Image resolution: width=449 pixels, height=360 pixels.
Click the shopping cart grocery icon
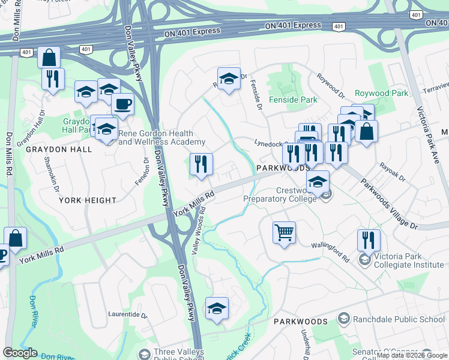click(x=284, y=232)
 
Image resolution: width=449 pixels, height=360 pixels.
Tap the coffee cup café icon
click(x=122, y=104)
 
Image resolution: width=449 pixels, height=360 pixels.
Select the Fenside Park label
click(x=292, y=100)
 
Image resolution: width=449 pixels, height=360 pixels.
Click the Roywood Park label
click(x=381, y=93)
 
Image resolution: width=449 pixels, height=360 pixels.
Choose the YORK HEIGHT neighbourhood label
click(x=87, y=200)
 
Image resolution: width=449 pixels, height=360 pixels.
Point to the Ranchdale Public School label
click(x=399, y=319)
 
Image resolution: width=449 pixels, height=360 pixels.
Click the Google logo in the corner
click(x=20, y=353)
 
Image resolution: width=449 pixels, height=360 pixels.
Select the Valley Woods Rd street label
click(x=199, y=231)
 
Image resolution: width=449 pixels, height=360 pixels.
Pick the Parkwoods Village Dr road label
click(x=389, y=203)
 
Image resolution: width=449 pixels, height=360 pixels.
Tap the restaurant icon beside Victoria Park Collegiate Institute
click(x=369, y=239)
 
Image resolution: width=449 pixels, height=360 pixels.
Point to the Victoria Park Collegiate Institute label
click(x=409, y=260)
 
